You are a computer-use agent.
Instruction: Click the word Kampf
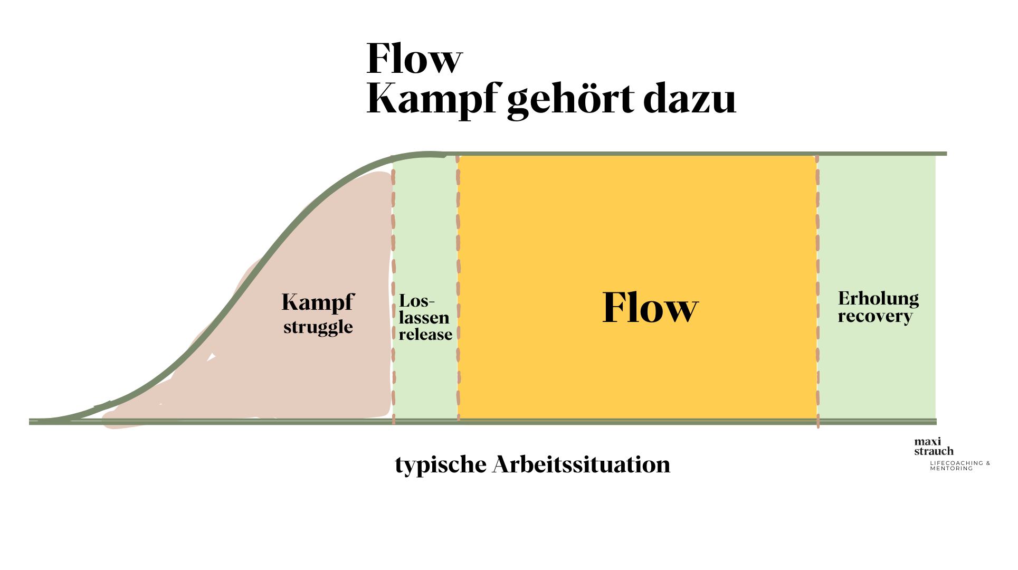point(318,303)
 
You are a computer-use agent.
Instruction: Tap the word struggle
point(318,327)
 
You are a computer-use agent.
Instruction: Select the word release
point(425,335)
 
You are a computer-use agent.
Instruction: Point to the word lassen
point(424,318)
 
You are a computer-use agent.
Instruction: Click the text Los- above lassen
point(416,301)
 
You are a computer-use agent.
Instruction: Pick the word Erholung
point(878,299)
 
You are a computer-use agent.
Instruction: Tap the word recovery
point(875,316)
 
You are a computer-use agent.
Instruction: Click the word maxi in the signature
point(928,442)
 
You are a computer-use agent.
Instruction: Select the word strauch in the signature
point(934,451)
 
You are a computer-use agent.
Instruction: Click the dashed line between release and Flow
point(458,237)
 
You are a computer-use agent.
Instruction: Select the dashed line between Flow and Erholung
point(817,237)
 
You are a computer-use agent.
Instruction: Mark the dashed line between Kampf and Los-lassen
point(393,237)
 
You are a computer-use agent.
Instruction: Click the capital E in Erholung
point(844,299)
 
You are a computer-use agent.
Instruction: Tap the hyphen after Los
point(432,302)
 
